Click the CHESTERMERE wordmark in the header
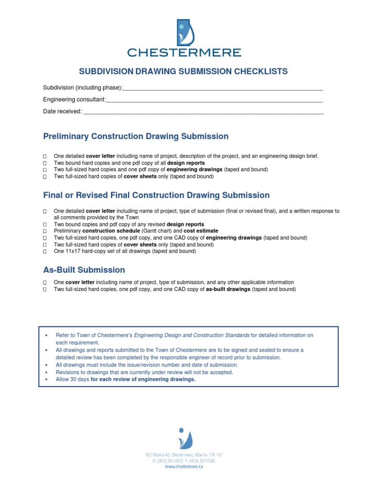(183, 52)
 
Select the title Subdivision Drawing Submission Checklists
(183, 72)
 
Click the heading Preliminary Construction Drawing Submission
(136, 136)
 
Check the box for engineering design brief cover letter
(44, 156)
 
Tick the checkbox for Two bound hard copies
(44, 163)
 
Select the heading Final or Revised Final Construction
(156, 195)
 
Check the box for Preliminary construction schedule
(44, 231)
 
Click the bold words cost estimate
(201, 231)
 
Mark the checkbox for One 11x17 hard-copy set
(44, 251)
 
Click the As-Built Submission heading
(84, 270)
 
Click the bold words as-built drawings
(228, 290)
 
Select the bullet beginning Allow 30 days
(126, 379)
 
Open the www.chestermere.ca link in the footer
(184, 467)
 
